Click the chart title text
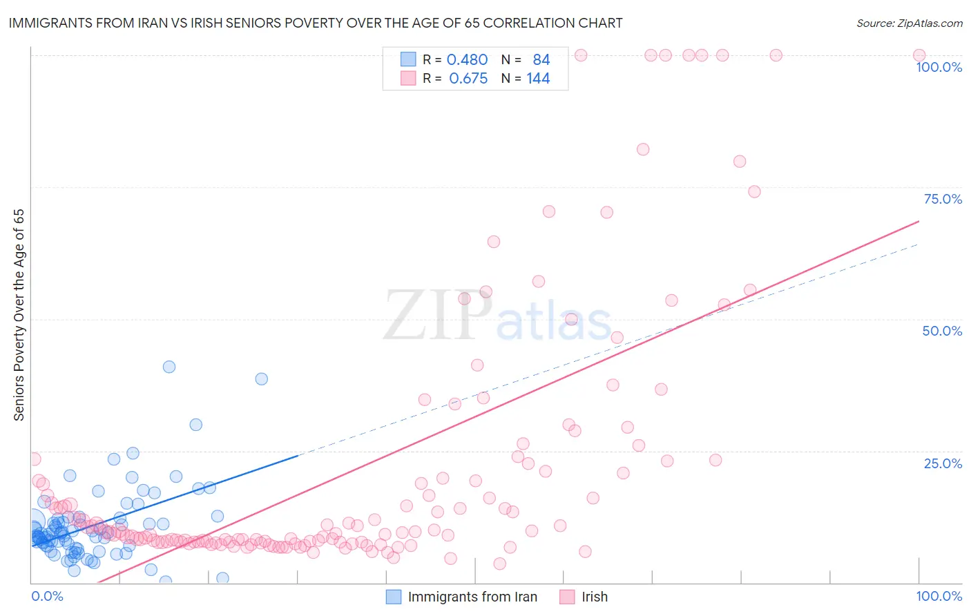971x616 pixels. pyautogui.click(x=316, y=23)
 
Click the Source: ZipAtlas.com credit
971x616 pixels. pyautogui.click(x=909, y=23)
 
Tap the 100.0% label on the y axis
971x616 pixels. pyautogui.click(x=939, y=67)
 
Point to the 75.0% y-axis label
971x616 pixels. pyautogui.click(x=942, y=199)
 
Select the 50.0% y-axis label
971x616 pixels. pyautogui.click(x=941, y=331)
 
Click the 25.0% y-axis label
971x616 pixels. pyautogui.click(x=942, y=463)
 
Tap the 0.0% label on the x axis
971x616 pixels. pyautogui.click(x=47, y=596)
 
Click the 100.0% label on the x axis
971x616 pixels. pyautogui.click(x=939, y=596)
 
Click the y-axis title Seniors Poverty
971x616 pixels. pyautogui.click(x=19, y=315)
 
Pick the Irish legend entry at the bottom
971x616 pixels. pyautogui.click(x=594, y=597)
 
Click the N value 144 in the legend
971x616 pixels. pyautogui.click(x=538, y=79)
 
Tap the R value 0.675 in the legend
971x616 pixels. pyautogui.click(x=468, y=79)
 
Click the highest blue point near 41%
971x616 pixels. pyautogui.click(x=169, y=367)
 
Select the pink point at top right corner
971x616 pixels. pyautogui.click(x=919, y=55)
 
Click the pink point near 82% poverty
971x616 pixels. pyautogui.click(x=643, y=149)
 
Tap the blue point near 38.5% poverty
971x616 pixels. pyautogui.click(x=261, y=378)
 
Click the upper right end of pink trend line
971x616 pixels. pyautogui.click(x=919, y=222)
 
